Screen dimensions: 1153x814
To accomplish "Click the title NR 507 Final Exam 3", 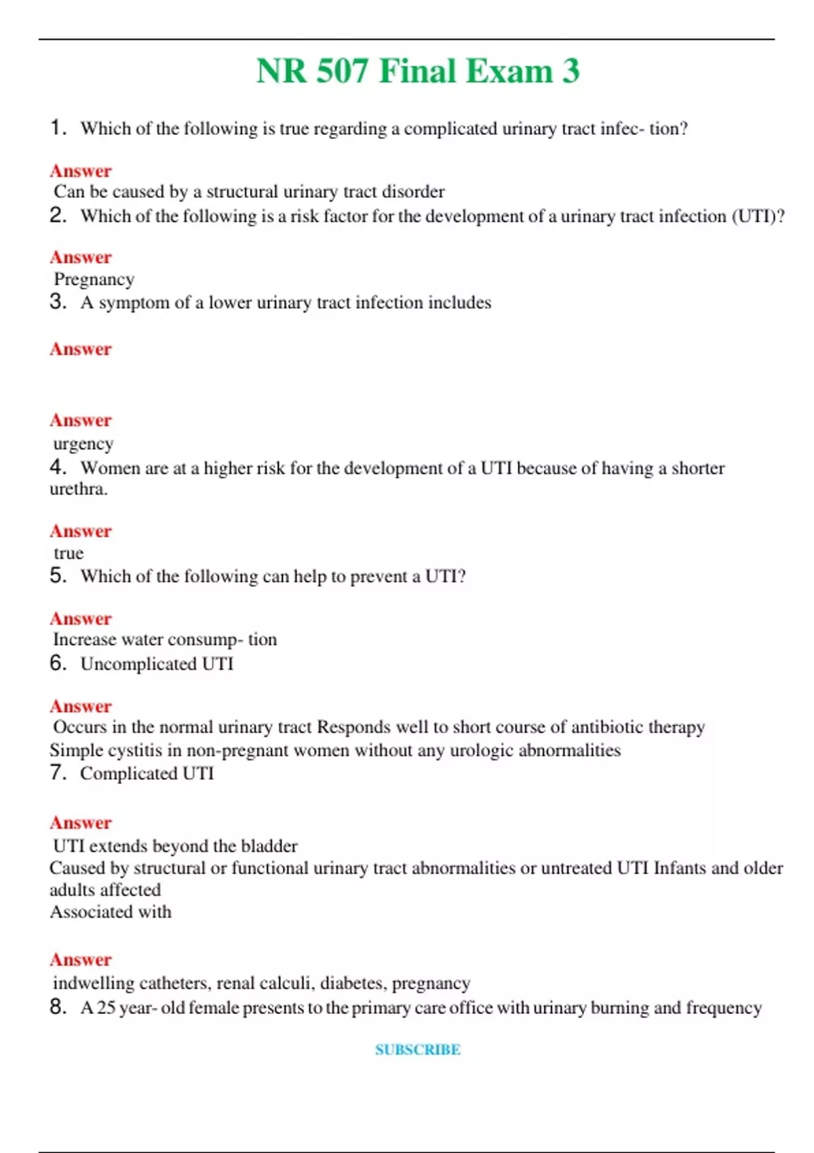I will point(418,71).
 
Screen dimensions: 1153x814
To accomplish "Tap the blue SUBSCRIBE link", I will point(418,1049).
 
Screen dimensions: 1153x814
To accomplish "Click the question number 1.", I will point(57,128).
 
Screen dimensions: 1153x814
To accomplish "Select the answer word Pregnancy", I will point(94,279).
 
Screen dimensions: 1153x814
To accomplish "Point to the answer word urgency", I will point(83,444).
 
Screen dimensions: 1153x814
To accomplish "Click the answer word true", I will point(69,553).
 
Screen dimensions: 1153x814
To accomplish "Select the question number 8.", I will point(57,1007).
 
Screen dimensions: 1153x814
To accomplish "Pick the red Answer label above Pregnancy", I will point(81,258).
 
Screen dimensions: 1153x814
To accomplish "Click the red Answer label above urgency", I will point(81,421).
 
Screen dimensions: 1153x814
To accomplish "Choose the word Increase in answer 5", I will point(84,640).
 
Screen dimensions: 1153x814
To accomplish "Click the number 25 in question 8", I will point(106,1008).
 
